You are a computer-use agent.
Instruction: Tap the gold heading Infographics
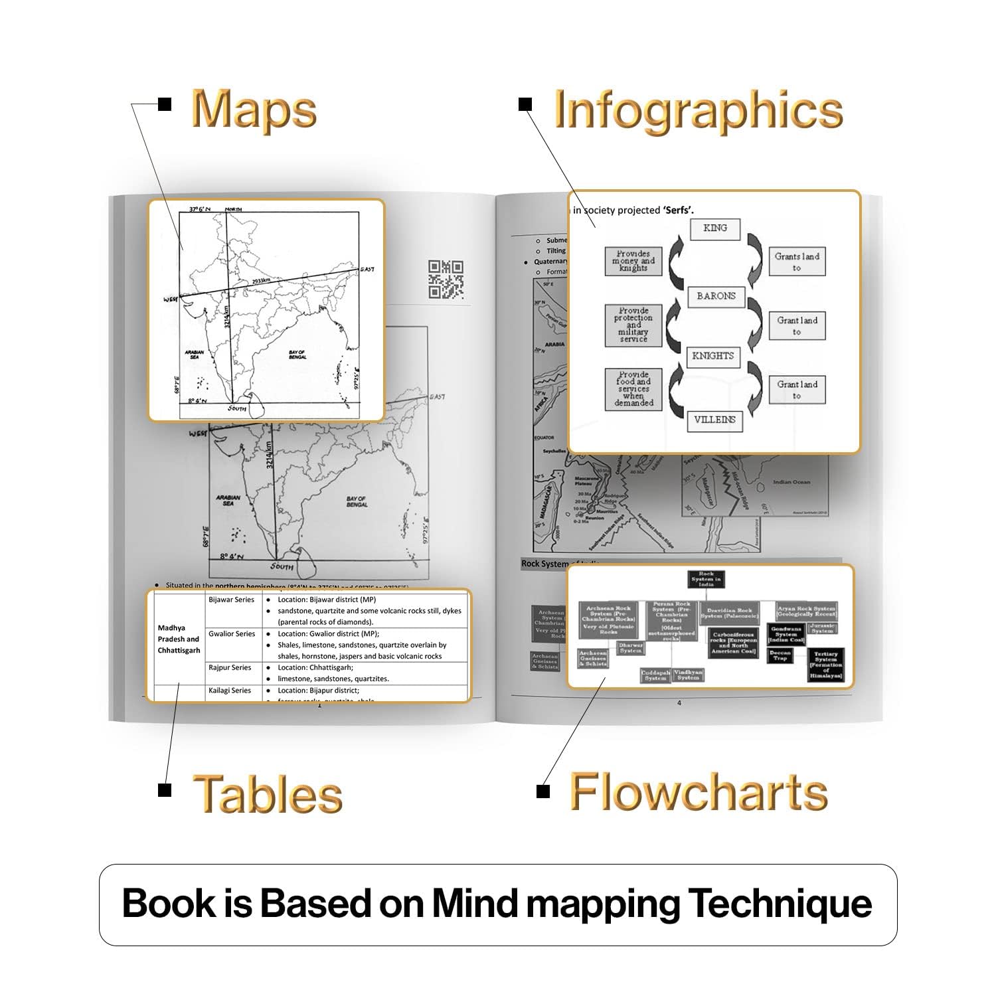pos(699,110)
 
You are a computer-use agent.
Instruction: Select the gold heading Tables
pos(268,793)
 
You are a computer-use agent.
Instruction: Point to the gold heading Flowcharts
pos(699,791)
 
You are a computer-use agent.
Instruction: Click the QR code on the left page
pos(446,280)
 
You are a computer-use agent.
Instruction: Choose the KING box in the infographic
pos(714,228)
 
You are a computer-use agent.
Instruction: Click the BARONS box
pos(716,296)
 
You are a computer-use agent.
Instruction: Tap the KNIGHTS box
pos(712,356)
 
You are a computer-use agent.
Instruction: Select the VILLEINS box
pos(714,420)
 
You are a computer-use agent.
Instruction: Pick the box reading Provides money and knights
pos(633,261)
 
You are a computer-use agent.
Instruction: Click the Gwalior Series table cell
pos(232,634)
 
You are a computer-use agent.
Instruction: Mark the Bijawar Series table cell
pos(231,600)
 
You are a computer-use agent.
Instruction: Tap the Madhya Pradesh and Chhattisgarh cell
pos(179,639)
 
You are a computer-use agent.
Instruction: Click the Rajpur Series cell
pos(230,668)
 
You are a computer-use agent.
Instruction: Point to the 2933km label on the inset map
pos(265,282)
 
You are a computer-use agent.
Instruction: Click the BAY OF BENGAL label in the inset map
pos(297,354)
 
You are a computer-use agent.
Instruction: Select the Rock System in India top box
pos(705,579)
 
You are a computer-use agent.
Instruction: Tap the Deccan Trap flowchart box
pos(780,655)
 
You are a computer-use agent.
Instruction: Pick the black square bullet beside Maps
pos(165,104)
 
